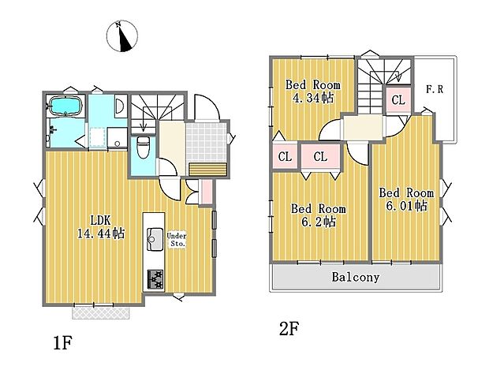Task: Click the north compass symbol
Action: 123,35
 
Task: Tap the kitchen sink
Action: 152,236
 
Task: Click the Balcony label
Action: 355,278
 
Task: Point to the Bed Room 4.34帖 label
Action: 312,91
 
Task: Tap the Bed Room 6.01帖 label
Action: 406,199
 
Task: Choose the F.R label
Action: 435,90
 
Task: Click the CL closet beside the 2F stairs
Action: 397,100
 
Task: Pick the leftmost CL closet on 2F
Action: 285,157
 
